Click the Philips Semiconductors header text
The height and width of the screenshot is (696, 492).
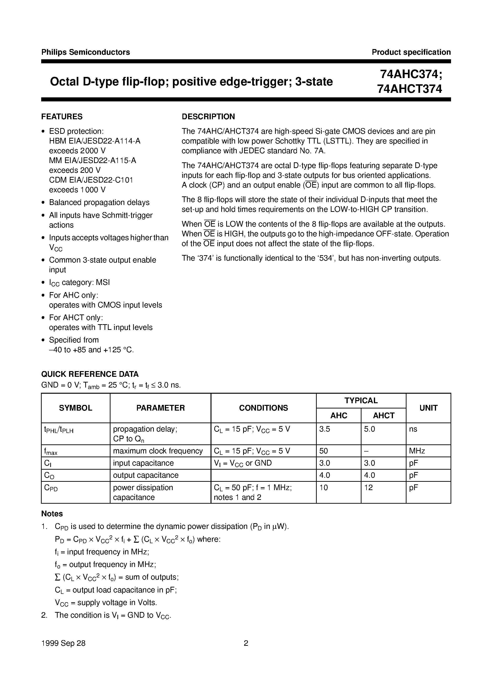coord(85,52)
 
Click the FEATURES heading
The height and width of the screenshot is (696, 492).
coord(62,117)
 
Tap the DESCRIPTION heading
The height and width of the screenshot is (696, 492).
coord(208,117)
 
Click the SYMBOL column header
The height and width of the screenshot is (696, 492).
coord(75,408)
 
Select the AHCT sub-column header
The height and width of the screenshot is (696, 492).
coord(383,416)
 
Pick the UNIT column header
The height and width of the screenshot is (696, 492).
coord(428,408)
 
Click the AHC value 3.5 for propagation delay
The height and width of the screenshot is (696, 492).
coord(325,429)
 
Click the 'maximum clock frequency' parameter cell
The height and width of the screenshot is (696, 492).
coord(158,451)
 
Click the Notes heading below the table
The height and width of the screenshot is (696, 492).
coord(52,514)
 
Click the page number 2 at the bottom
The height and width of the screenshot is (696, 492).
coord(246,643)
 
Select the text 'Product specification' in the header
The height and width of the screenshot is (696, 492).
coord(411,52)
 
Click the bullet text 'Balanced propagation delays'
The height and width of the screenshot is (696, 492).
coord(99,203)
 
